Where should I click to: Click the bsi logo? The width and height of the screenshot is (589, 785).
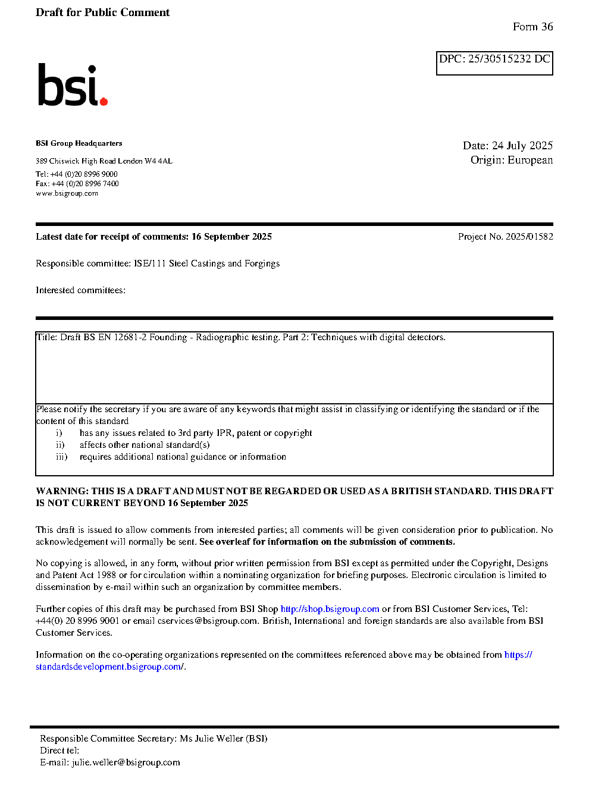[x=71, y=85]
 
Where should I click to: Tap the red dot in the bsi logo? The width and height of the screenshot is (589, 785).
[x=104, y=102]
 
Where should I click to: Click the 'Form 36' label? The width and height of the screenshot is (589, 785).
[x=532, y=27]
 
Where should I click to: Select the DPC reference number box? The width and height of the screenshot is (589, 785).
[x=494, y=63]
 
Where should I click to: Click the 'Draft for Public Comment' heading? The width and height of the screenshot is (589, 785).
[x=102, y=12]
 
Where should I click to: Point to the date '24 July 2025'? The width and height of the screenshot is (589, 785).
[x=522, y=146]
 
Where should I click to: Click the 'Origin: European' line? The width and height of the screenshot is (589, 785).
[x=511, y=160]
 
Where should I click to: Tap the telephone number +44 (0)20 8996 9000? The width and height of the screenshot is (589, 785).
[x=84, y=174]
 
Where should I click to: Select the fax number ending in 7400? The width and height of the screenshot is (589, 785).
[x=85, y=184]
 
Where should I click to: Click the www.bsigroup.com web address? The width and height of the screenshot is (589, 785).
[x=67, y=193]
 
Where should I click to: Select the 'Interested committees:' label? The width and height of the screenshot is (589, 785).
[x=80, y=290]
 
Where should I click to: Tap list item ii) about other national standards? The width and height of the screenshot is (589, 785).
[x=145, y=445]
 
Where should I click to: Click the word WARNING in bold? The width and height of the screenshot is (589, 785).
[x=62, y=491]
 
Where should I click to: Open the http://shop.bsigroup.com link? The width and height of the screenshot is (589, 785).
[x=330, y=609]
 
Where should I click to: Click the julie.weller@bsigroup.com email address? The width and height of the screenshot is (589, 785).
[x=126, y=762]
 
